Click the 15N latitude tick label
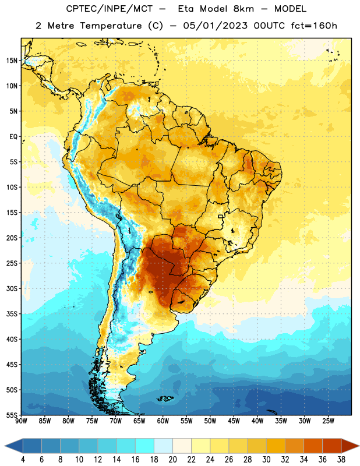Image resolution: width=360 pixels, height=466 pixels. (x=12, y=61)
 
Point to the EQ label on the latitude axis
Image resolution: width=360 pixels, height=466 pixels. (x=13, y=137)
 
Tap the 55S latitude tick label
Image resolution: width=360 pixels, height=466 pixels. (x=12, y=415)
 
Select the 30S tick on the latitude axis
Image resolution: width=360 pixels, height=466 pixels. (x=12, y=288)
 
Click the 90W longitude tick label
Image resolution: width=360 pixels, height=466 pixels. (x=21, y=421)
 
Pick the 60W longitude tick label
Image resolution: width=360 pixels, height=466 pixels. (x=163, y=421)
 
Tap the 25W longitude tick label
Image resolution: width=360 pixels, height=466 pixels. (x=328, y=421)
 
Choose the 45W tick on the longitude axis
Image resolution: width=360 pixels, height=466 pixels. (x=234, y=421)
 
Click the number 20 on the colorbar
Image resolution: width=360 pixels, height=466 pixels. (x=172, y=460)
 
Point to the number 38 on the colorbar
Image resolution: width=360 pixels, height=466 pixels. (x=341, y=460)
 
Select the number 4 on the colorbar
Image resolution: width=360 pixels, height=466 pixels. (x=23, y=460)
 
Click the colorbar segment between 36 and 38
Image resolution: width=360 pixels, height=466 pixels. (x=332, y=446)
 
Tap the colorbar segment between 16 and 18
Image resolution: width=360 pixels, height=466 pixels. (x=144, y=446)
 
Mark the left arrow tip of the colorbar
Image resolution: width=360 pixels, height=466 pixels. (x=5, y=446)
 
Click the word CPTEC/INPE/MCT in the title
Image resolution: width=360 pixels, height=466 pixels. (x=110, y=9)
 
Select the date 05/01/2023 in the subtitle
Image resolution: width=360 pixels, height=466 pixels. (x=215, y=26)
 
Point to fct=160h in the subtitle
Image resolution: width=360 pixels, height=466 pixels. (x=314, y=26)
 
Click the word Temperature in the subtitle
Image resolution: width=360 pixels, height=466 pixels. (x=111, y=26)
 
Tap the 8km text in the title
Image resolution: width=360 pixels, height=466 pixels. (x=243, y=9)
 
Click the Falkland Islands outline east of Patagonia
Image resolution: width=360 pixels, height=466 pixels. (x=165, y=398)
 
